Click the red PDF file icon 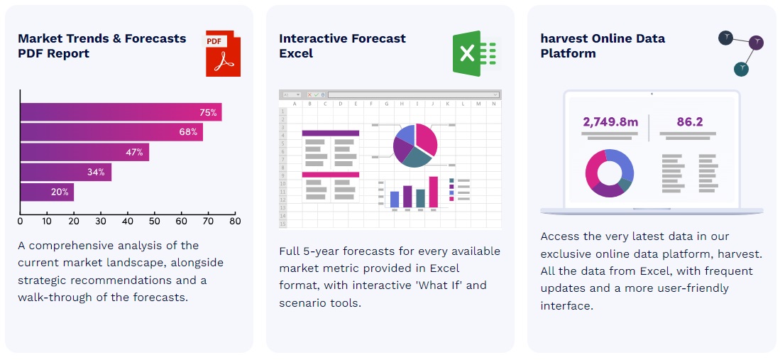tap(224, 54)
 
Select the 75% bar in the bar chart tap(121, 112)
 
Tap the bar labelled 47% tap(84, 153)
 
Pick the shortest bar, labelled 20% tap(48, 192)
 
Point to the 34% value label tap(96, 173)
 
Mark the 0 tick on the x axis tap(20, 221)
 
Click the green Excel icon tap(475, 53)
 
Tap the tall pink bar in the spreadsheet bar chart tap(433, 192)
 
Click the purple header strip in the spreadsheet tap(330, 133)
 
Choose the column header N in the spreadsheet tap(493, 104)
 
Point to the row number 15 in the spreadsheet tap(284, 224)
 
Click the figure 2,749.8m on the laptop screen tap(610, 122)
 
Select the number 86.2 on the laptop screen tap(689, 122)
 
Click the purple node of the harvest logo tap(756, 43)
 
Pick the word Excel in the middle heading tap(296, 53)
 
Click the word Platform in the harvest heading tap(568, 53)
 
